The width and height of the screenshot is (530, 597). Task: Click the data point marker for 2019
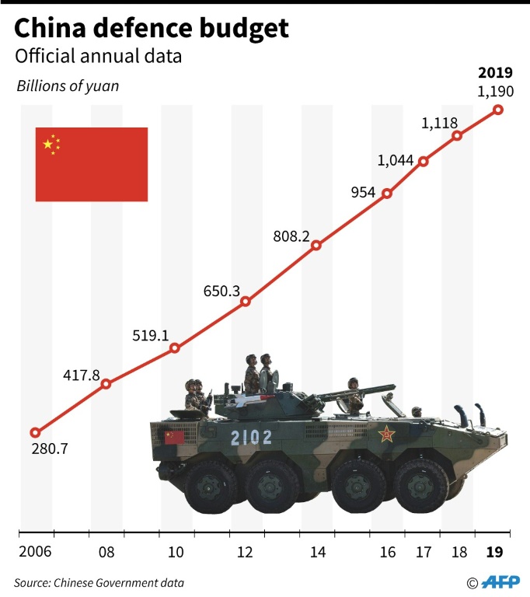tap(498, 110)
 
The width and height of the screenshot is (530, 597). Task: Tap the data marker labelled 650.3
tap(246, 302)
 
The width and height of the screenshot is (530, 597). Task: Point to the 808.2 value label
tap(292, 236)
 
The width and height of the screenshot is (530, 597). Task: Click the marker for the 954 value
tap(387, 193)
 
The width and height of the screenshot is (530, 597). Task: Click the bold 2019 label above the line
tap(495, 74)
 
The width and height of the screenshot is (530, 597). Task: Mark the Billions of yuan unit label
tap(68, 86)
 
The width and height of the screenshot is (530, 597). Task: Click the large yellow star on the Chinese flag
tap(48, 145)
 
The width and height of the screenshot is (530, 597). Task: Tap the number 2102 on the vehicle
tap(251, 438)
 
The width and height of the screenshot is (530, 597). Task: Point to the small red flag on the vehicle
tap(174, 437)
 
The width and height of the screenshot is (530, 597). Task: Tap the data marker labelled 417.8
tap(106, 383)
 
